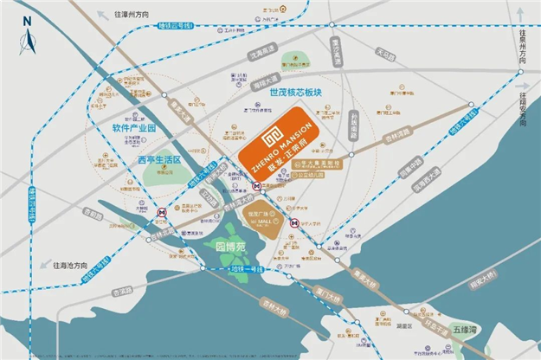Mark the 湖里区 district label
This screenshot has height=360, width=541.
tap(404, 327)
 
